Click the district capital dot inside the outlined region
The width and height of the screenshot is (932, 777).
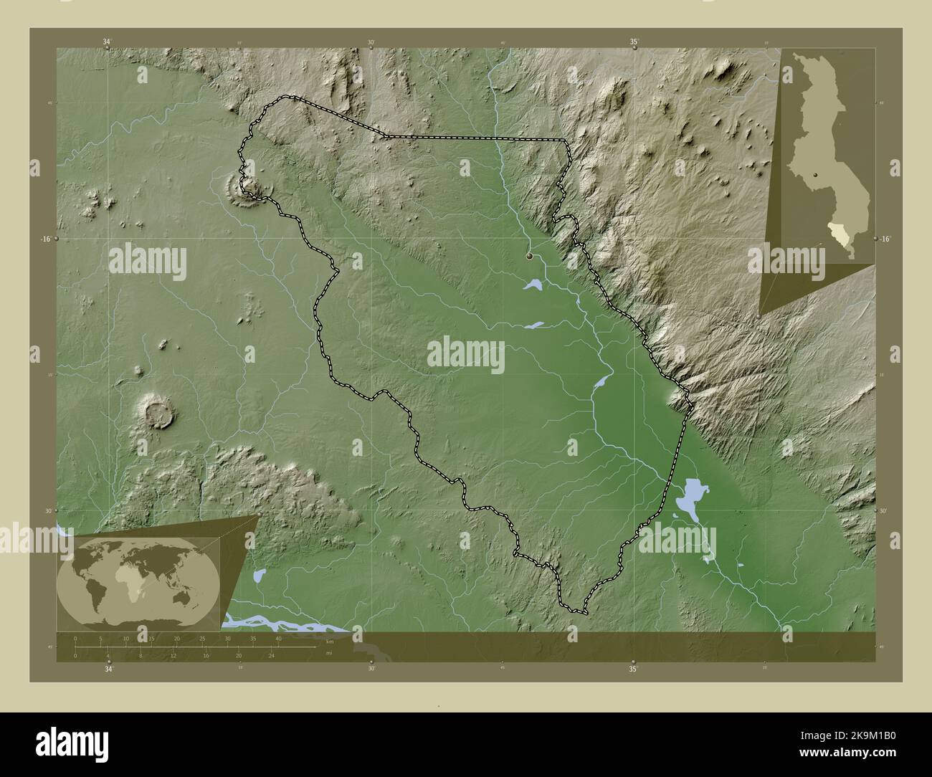coord(530,256)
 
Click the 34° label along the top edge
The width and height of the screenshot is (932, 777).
coord(107,42)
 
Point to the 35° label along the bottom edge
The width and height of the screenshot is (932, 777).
coord(633,669)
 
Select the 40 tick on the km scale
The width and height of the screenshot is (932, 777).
coord(278,638)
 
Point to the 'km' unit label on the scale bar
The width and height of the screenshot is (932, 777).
coord(330,641)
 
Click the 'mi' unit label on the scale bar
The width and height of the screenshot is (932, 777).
coord(328,653)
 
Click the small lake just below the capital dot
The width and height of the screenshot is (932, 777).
coord(533,286)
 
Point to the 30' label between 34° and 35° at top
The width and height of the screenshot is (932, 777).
coord(371,42)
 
